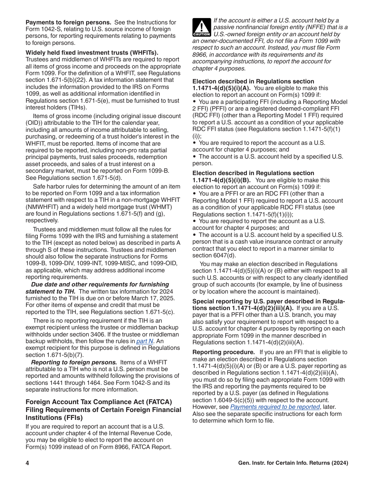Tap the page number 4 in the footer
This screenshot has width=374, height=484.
[x=28, y=463]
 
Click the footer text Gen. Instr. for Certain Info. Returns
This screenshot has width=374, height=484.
[x=293, y=463]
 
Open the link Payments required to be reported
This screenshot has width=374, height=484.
[x=275, y=407]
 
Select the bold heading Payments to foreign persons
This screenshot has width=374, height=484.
[x=69, y=22]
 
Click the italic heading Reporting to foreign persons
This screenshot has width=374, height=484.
[x=74, y=362]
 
